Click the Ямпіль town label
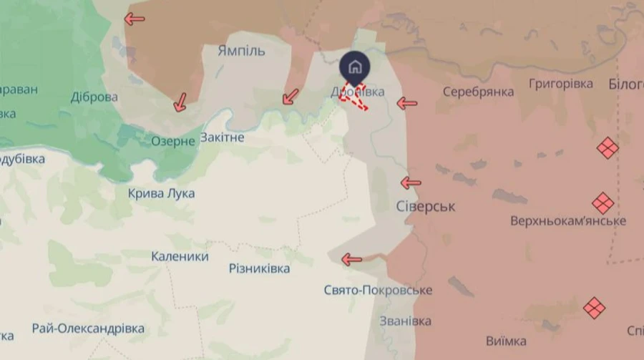[241, 51]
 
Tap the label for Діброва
[94, 97]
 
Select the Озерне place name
[172, 141]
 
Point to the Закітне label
[223, 137]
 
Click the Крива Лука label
[161, 193]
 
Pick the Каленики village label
[180, 256]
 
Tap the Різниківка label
[259, 268]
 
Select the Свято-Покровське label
[378, 290]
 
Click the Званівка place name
[406, 321]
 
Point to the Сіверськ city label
[426, 206]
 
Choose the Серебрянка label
[478, 92]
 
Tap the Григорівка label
[561, 84]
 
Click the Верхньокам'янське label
[568, 220]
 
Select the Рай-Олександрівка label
[88, 329]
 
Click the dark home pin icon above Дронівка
[354, 68]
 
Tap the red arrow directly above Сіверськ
[411, 183]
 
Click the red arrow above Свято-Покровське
[351, 259]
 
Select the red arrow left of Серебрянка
[407, 103]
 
